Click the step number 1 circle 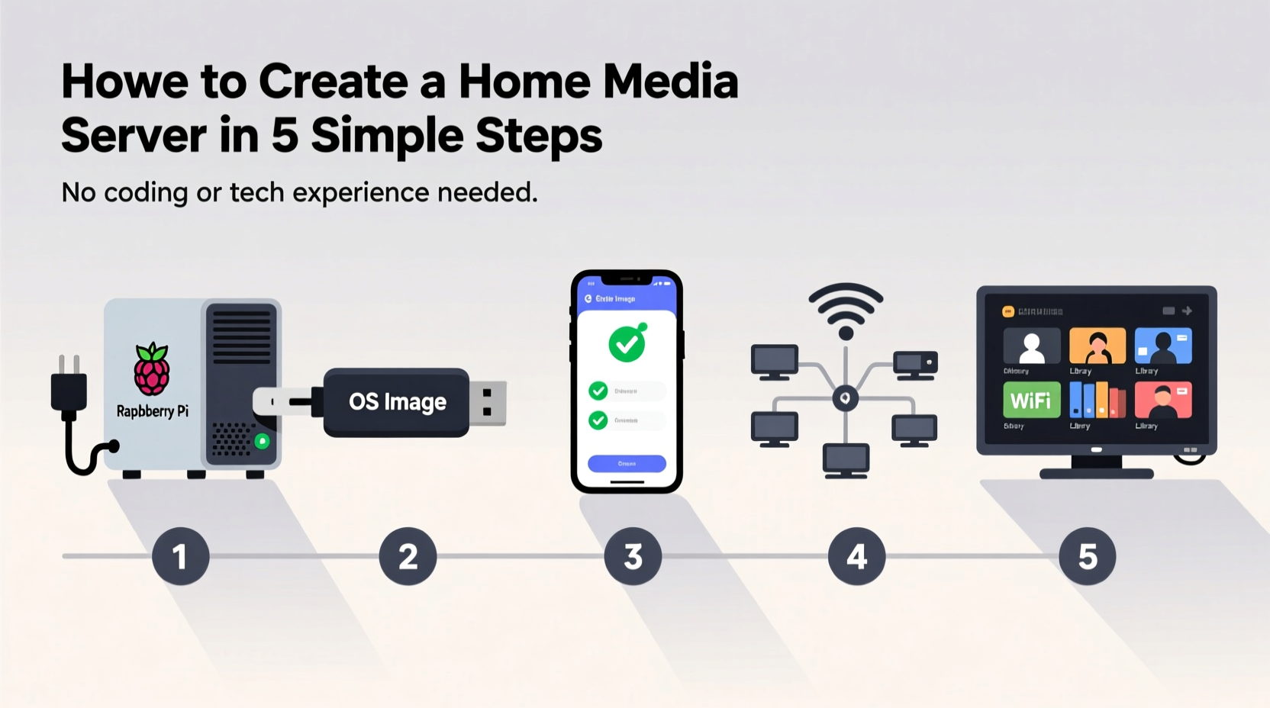click(180, 556)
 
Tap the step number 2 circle click(408, 556)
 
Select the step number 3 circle click(633, 556)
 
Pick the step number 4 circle click(856, 556)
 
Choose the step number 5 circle click(1087, 556)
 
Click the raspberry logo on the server click(152, 369)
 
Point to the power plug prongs click(68, 365)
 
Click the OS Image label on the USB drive click(397, 401)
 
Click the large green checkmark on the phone click(627, 344)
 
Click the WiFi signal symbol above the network click(846, 309)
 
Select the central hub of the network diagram click(845, 398)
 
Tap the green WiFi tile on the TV click(1031, 400)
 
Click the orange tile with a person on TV click(1097, 346)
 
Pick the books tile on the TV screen click(1097, 400)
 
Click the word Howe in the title click(124, 82)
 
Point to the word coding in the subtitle click(145, 192)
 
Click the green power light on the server click(262, 441)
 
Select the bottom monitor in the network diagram click(846, 460)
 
